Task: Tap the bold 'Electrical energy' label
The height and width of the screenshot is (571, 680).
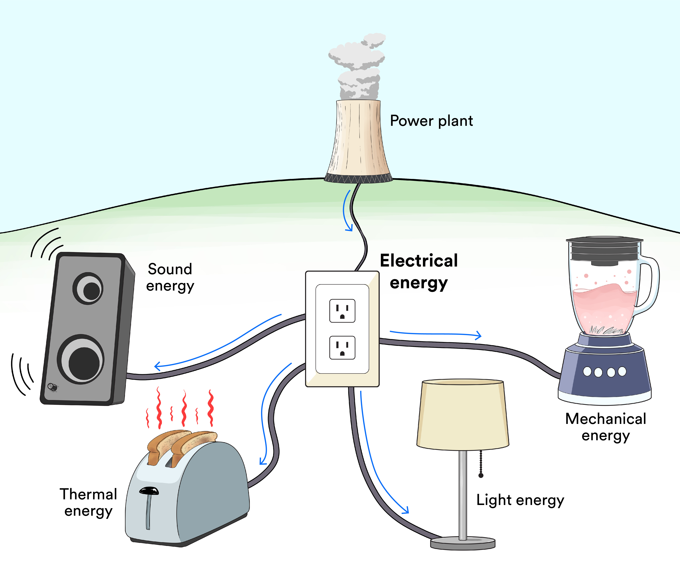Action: pos(419,272)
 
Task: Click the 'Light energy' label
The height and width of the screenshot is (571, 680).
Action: pos(520,500)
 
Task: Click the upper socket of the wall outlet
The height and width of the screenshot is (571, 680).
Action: pos(342,311)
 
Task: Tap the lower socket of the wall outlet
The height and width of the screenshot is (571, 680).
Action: pos(342,348)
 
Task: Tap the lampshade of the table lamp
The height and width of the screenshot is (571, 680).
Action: pos(462,415)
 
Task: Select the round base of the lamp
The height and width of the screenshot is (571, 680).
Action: pos(463,543)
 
